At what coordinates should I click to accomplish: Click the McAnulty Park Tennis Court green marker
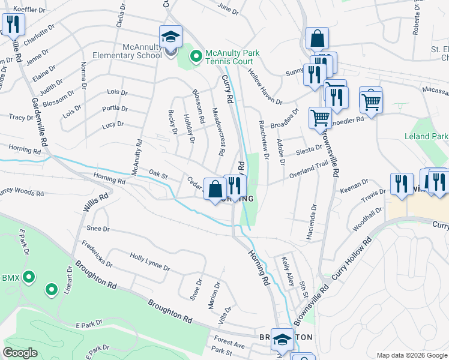(x=195, y=57)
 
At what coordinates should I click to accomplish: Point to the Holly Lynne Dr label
(x=149, y=262)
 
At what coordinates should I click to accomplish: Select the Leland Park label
(x=426, y=136)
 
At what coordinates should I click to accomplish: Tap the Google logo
(x=20, y=352)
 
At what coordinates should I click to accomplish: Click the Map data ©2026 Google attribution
(x=412, y=355)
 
